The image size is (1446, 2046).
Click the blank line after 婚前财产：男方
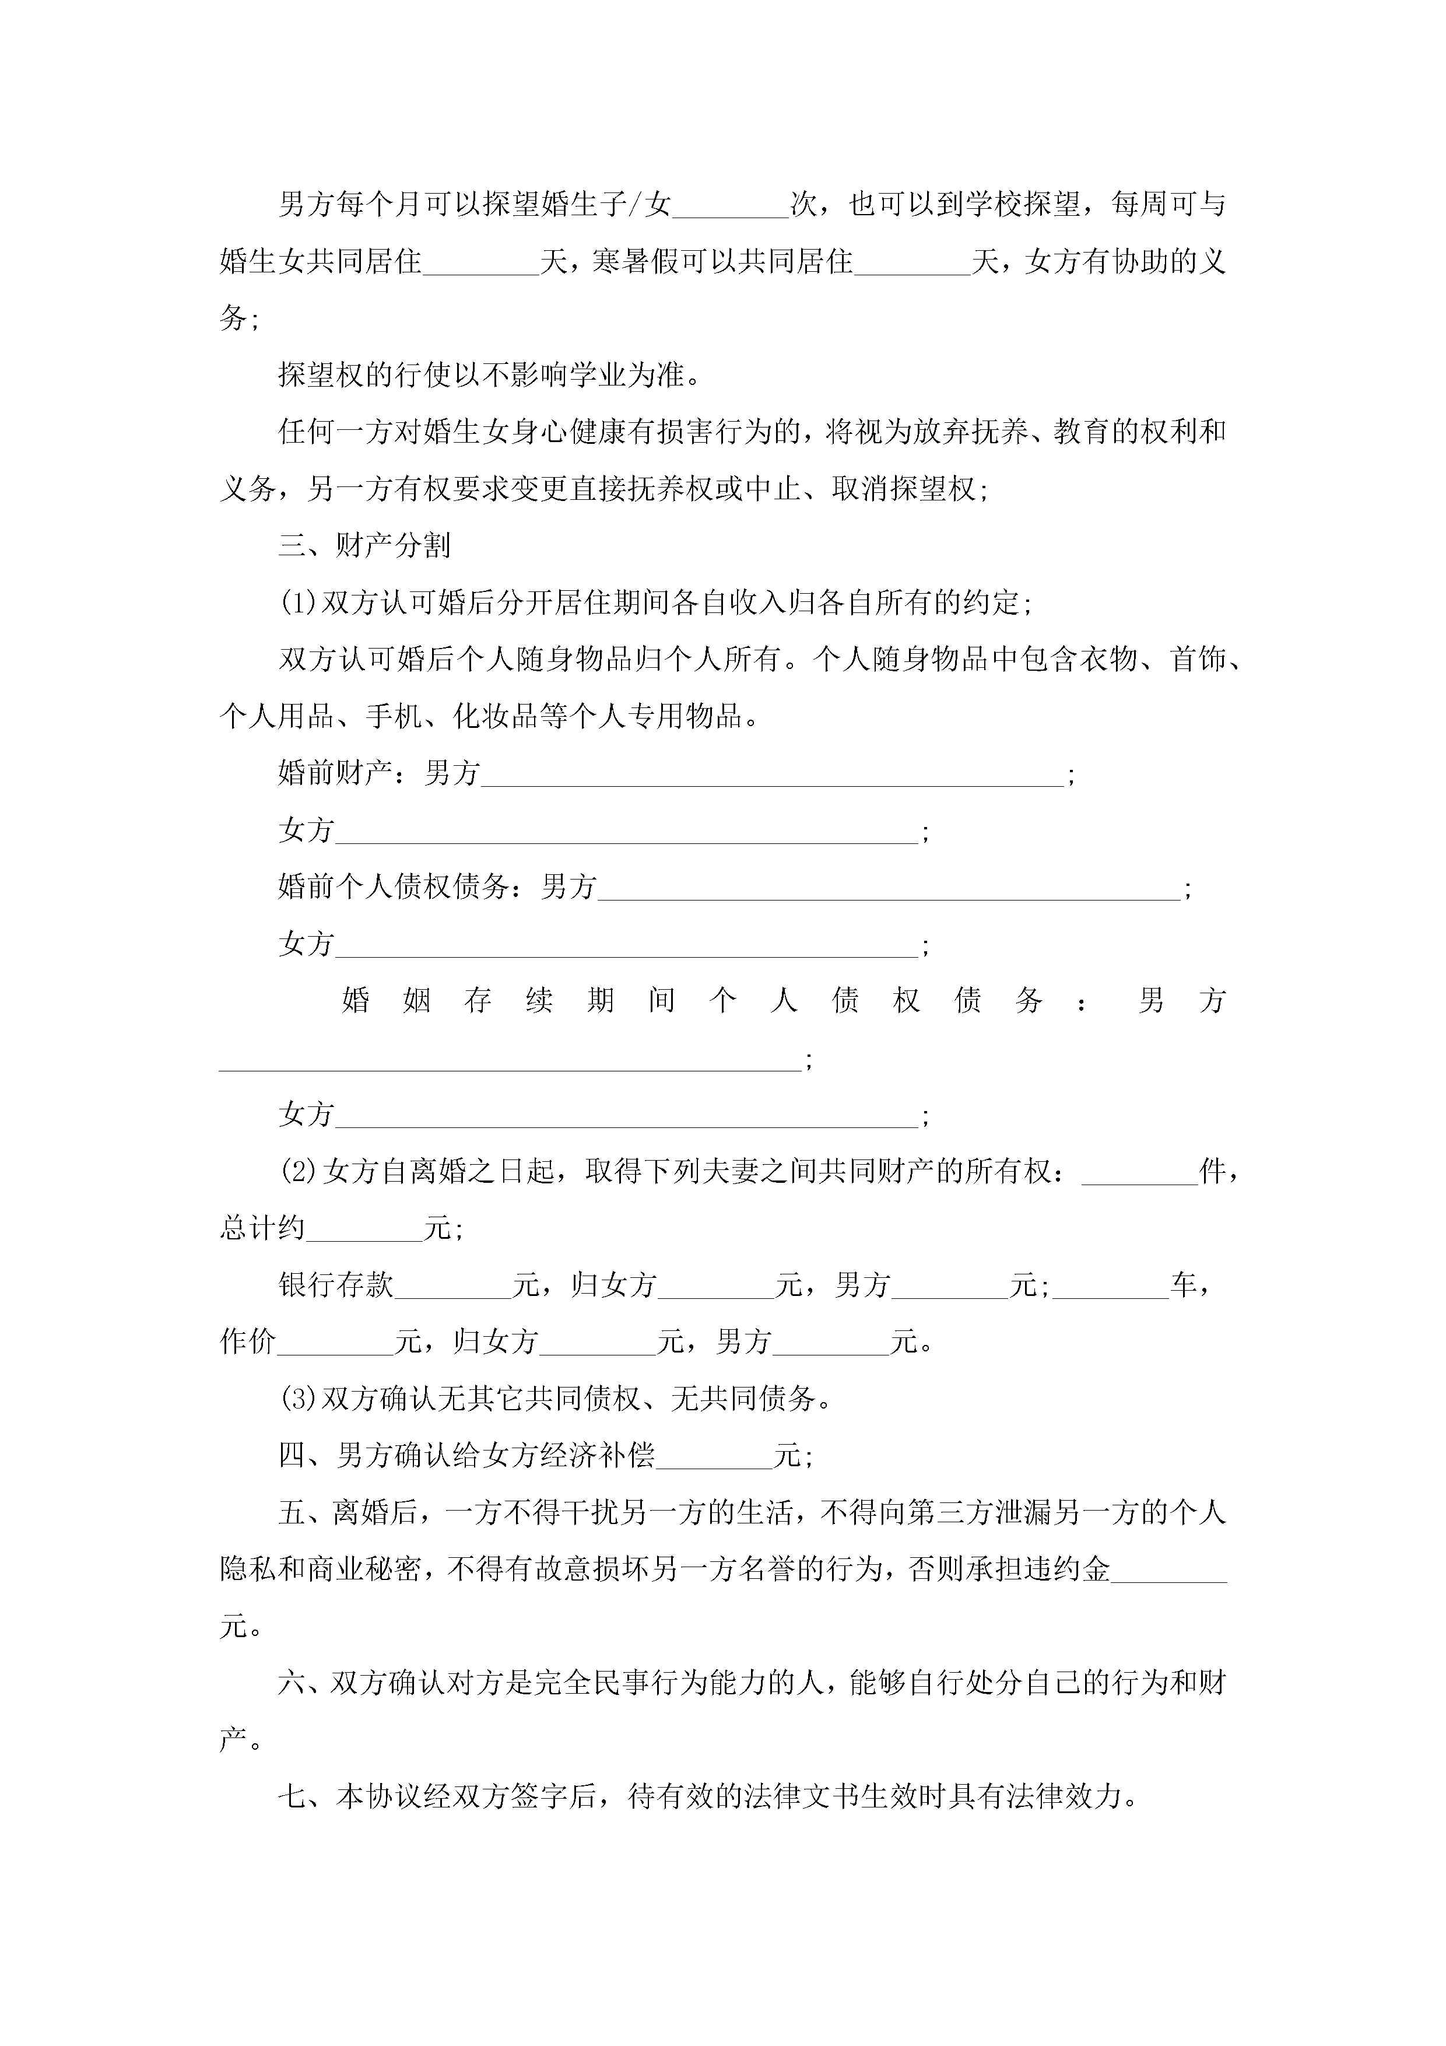[x=771, y=775]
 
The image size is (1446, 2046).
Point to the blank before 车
[x=1110, y=1287]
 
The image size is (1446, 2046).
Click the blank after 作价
[x=336, y=1344]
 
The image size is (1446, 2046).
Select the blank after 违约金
[x=1169, y=1571]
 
